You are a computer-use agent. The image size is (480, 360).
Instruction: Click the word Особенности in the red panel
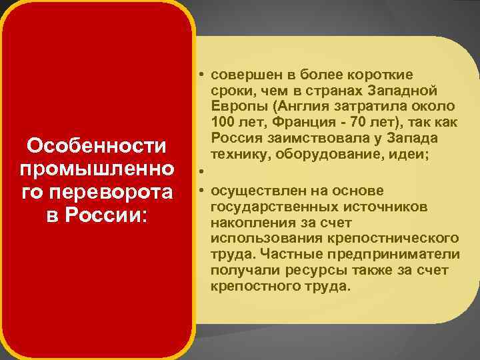[x=97, y=145]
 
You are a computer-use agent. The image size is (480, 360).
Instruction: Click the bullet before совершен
[x=200, y=74]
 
